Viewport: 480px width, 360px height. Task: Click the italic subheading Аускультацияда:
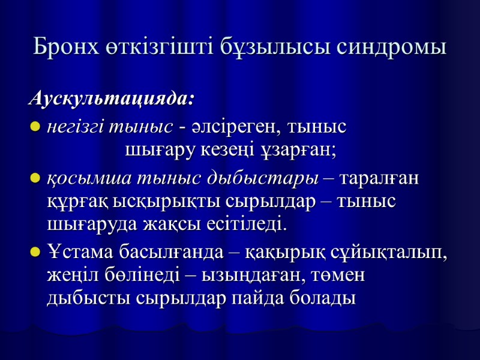112,98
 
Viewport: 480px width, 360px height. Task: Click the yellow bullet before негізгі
35,128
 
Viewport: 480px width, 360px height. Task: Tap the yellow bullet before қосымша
35,179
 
